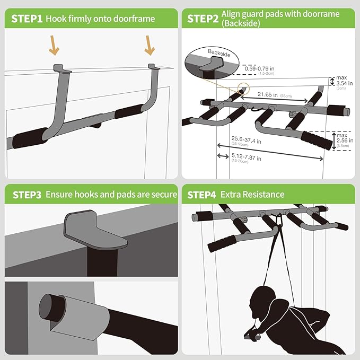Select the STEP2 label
click(203, 19)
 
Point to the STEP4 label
click(203, 195)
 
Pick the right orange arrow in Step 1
click(149, 46)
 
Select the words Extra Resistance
click(253, 195)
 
